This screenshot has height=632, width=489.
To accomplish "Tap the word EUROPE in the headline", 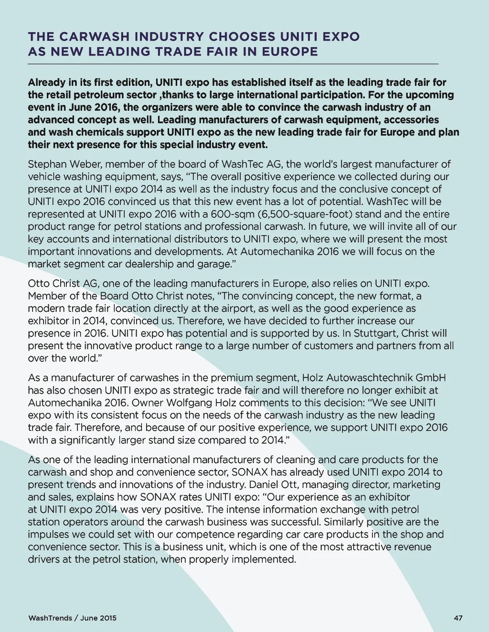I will [290, 52].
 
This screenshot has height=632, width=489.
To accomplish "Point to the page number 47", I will [458, 618].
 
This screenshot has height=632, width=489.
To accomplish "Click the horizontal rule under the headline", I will [233, 64].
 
